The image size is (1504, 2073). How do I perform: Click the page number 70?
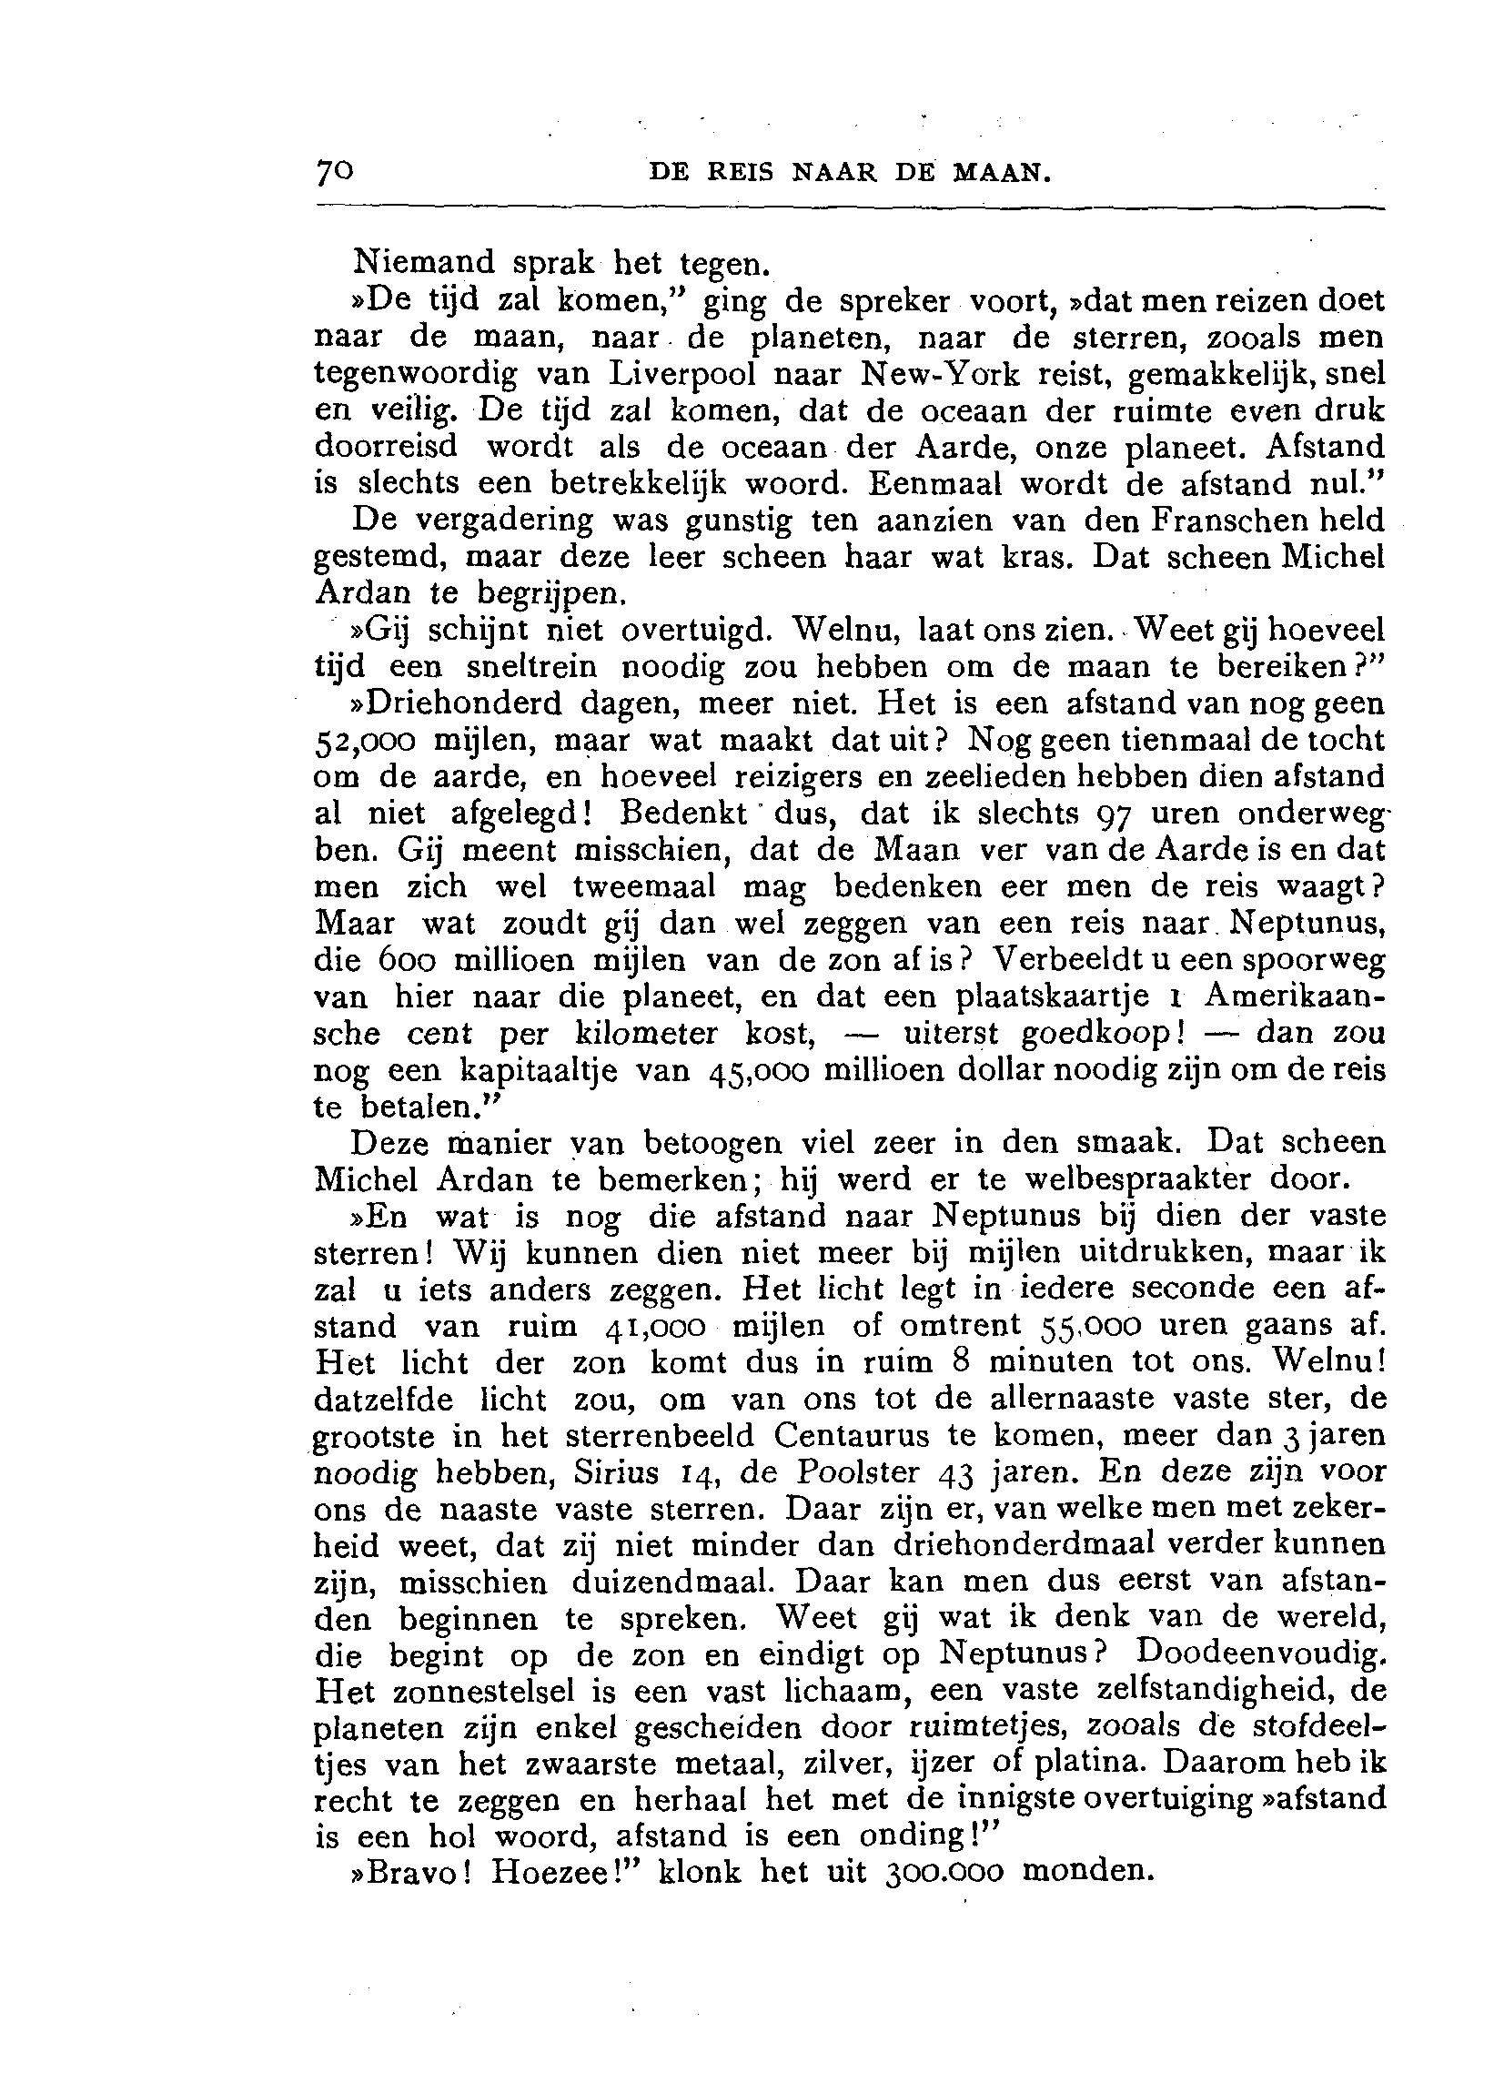pyautogui.click(x=334, y=171)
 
